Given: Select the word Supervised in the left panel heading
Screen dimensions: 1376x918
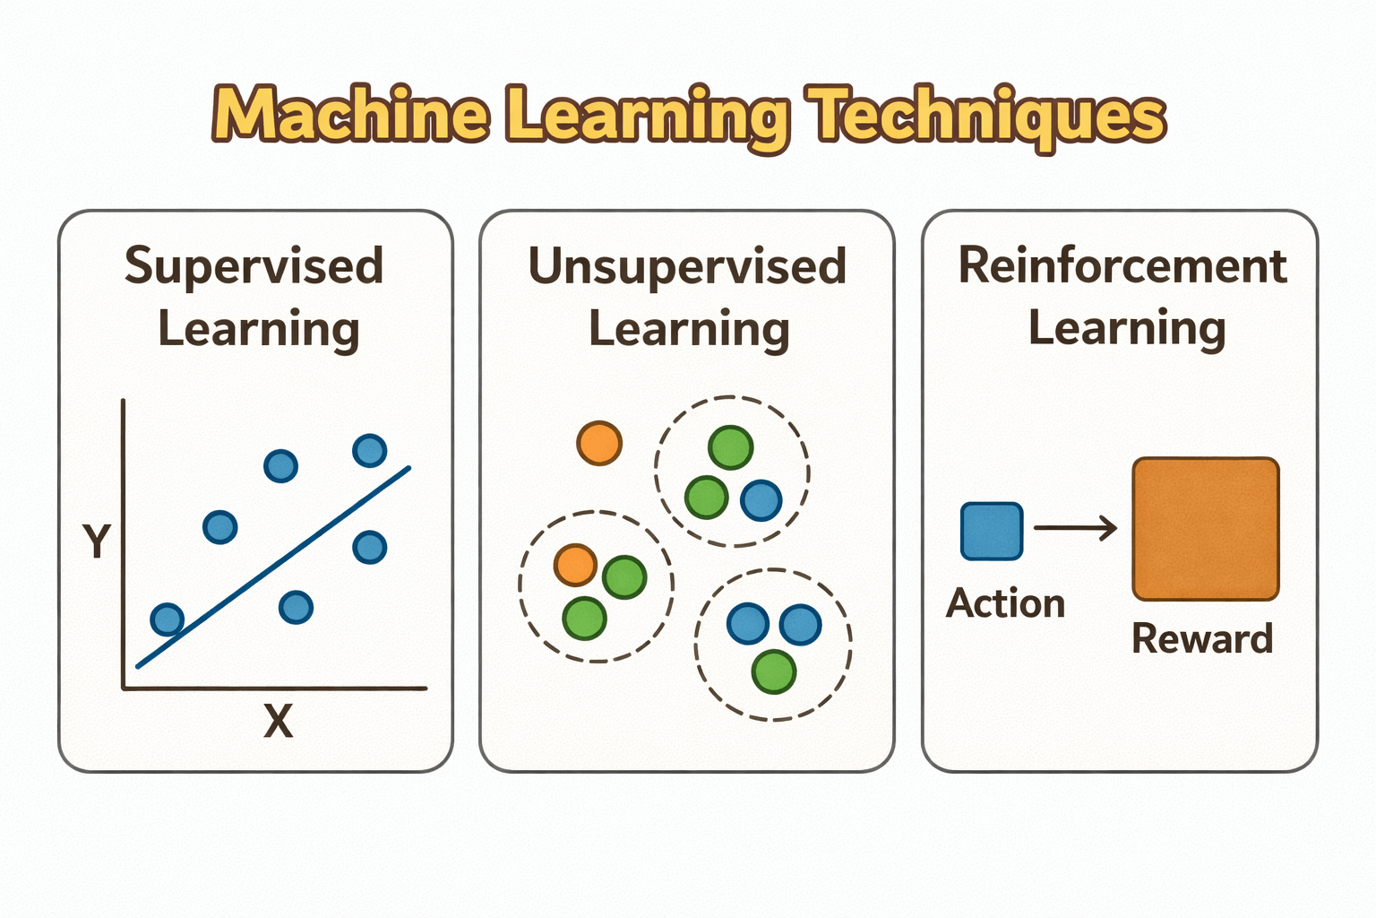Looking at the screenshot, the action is click(x=254, y=266).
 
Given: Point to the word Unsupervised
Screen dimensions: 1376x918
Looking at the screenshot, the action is click(x=687, y=266).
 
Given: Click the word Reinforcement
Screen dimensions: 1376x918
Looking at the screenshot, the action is click(x=1122, y=265).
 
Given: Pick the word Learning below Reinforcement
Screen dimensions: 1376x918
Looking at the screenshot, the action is click(x=1126, y=328).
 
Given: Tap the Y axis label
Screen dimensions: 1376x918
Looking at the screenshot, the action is click(x=96, y=541).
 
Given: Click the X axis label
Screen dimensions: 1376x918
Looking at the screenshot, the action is click(x=278, y=721).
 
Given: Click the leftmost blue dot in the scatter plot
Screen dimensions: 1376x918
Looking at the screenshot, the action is click(x=168, y=619).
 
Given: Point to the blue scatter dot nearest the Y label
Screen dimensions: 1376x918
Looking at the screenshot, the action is click(x=219, y=526).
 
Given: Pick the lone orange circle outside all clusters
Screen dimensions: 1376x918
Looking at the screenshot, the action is click(x=599, y=443).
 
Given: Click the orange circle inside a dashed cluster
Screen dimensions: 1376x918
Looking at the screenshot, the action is click(x=575, y=565).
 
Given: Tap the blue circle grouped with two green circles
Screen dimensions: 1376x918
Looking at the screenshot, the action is click(x=761, y=500).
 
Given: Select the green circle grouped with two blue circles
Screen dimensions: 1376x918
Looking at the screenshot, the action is click(x=774, y=671).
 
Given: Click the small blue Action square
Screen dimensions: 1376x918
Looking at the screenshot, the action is click(x=992, y=532).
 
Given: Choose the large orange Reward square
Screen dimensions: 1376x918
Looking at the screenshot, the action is click(x=1205, y=529).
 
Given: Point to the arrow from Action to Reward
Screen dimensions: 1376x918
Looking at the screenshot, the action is click(x=1075, y=528).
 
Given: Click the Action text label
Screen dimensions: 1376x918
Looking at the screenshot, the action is click(x=1005, y=603).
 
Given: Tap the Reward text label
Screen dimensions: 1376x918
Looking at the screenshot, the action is click(x=1201, y=639).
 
